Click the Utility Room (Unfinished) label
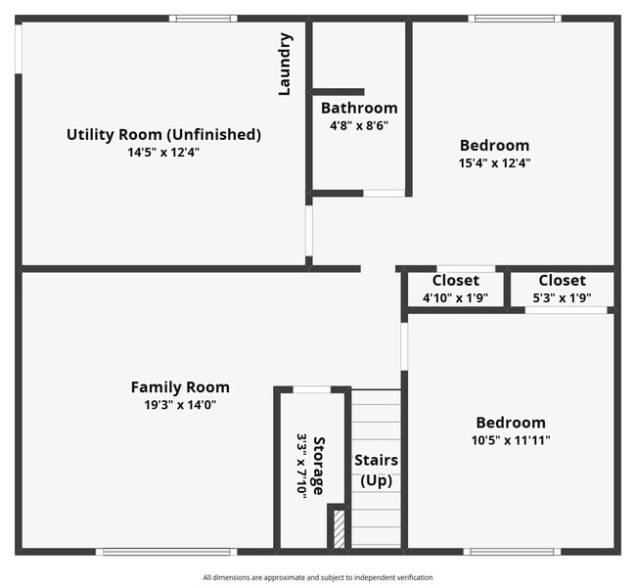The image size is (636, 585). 163,134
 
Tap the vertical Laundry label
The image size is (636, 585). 286,65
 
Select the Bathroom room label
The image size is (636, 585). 359,108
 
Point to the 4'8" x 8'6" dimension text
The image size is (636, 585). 359,125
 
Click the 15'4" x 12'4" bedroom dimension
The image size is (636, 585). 494,163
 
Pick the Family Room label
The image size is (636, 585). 180,387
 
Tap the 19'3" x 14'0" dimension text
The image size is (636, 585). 180,405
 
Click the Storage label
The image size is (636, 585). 319,465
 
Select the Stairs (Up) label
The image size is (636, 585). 377,470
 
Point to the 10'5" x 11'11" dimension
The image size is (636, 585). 511,440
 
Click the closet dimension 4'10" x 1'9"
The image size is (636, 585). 455,297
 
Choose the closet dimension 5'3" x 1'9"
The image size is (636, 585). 562,297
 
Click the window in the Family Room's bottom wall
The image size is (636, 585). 166,552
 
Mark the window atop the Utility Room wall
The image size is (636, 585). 203,19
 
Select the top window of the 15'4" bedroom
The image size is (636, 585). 515,19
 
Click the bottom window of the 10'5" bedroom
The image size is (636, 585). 513,552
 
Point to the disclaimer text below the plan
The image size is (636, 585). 318,577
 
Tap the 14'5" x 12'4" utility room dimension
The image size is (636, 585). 163,152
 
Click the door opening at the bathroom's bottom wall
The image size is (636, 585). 384,193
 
